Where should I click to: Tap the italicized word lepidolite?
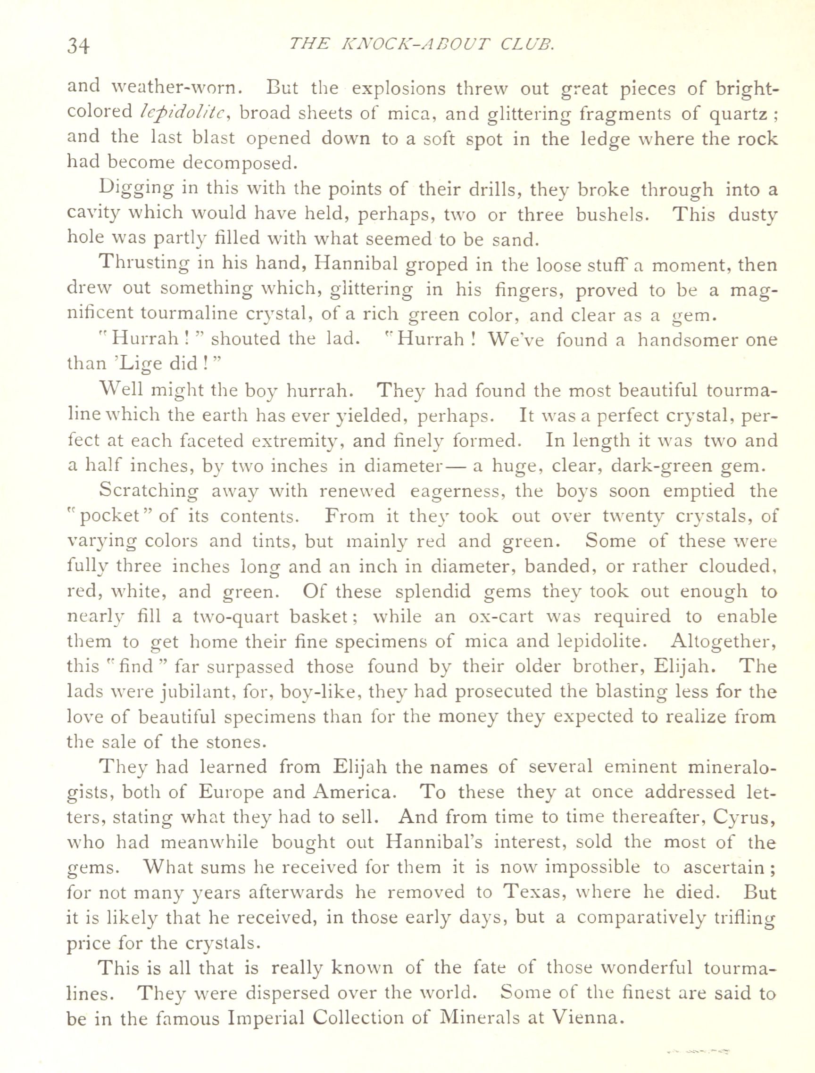(182, 113)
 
